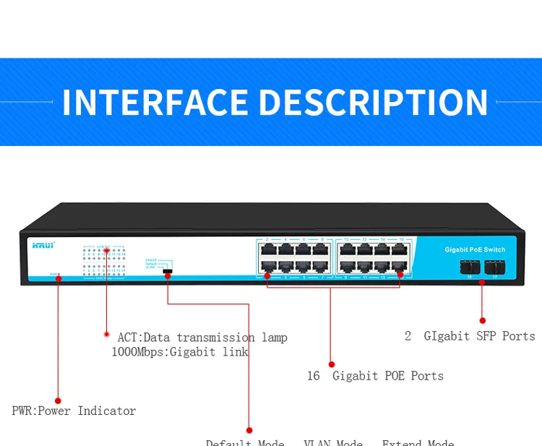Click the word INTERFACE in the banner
coord(155,103)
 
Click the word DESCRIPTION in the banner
coord(373,103)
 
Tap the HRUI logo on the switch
coord(43,246)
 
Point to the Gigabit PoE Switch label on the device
coord(475,250)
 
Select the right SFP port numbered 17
coord(494,267)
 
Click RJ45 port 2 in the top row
coord(267,249)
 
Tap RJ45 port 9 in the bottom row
coord(346,267)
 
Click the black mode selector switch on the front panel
coord(168,270)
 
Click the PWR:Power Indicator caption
coord(74,411)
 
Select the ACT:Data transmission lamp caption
coord(202,338)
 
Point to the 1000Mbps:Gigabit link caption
coord(179,352)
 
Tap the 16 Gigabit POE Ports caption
coord(374,376)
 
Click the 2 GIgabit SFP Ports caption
coord(470,336)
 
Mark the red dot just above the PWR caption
coord(58,400)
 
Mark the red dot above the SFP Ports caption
coord(482,320)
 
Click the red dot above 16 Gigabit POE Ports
coord(332,364)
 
